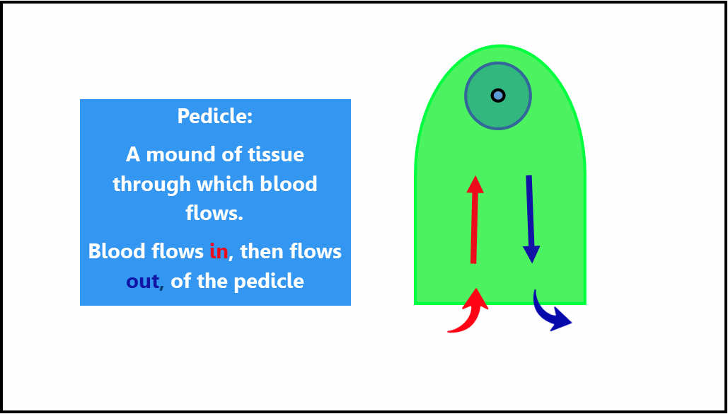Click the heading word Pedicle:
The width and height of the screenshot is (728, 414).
click(215, 115)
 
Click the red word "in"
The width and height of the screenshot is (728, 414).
click(219, 251)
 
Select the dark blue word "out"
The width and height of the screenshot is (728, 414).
click(142, 282)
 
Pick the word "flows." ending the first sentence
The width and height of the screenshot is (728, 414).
click(214, 214)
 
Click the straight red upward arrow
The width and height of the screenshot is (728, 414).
click(474, 219)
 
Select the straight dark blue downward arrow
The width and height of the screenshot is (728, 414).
click(530, 219)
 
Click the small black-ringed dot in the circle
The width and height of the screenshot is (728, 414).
click(498, 96)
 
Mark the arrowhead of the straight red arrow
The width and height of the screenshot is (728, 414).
click(475, 184)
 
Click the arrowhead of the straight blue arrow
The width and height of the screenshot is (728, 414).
click(531, 255)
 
